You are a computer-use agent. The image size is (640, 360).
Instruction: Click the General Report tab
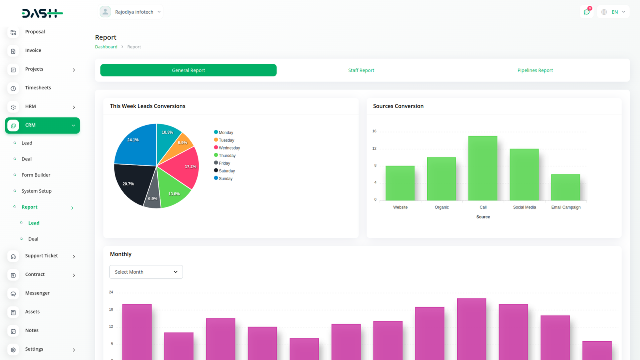[x=188, y=70]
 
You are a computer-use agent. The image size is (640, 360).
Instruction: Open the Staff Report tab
[x=361, y=70]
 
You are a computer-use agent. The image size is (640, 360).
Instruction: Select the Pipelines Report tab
[x=535, y=70]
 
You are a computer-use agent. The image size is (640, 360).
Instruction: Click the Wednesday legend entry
[x=229, y=148]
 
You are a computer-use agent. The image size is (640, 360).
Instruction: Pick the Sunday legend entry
[x=225, y=179]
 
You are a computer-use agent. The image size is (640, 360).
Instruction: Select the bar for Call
[x=483, y=168]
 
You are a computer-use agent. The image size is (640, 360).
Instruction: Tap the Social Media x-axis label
[x=524, y=207]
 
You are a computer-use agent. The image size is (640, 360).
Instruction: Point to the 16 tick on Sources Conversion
[x=374, y=131]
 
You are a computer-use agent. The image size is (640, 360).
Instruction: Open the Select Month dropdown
[x=146, y=272]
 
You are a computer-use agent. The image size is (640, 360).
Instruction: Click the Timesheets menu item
[x=38, y=88]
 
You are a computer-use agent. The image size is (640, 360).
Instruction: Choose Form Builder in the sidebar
[x=36, y=175]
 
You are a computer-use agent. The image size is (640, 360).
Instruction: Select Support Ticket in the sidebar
[x=42, y=256]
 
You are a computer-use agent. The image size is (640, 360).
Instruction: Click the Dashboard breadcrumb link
[x=106, y=47]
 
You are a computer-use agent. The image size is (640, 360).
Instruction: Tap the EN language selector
[x=613, y=12]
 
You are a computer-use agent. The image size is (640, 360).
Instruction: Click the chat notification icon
[x=586, y=12]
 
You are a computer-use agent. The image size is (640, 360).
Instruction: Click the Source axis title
[x=483, y=217]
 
